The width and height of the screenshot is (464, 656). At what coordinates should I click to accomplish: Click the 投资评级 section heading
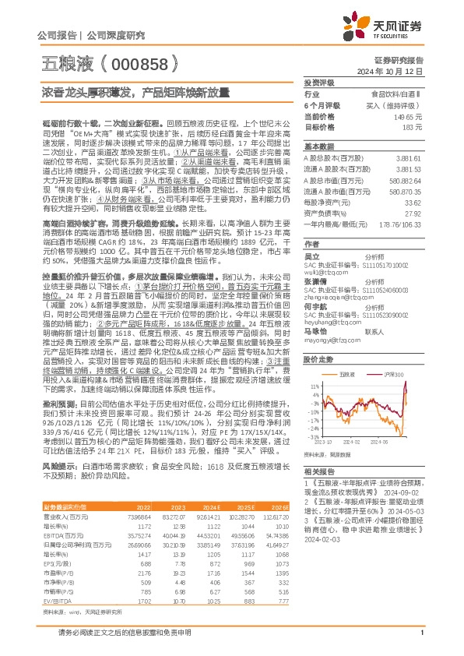(x=318, y=82)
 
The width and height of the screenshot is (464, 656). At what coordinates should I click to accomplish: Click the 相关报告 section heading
(x=318, y=472)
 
